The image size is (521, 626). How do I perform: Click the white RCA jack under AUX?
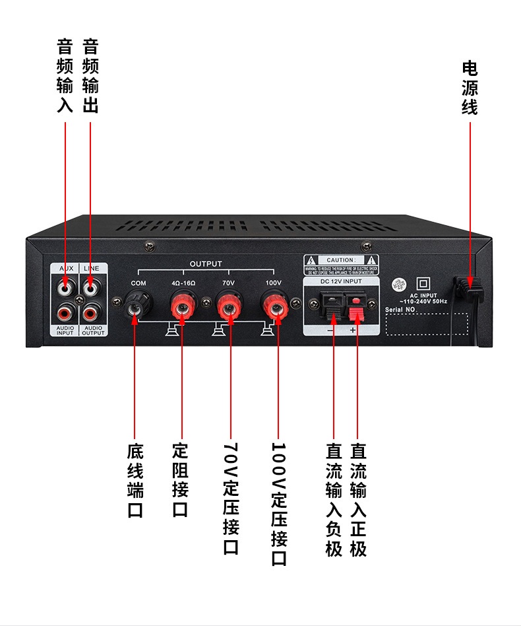[66, 288]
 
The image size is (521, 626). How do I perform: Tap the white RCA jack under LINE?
[90, 288]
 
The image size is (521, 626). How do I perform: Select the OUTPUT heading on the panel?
[206, 263]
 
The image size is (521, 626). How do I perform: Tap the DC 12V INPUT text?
[342, 282]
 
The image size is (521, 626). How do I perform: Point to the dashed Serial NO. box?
[426, 322]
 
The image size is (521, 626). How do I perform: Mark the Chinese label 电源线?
[470, 88]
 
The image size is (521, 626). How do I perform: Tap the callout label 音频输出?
[90, 75]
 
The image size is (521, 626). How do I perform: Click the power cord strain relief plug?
[470, 288]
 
